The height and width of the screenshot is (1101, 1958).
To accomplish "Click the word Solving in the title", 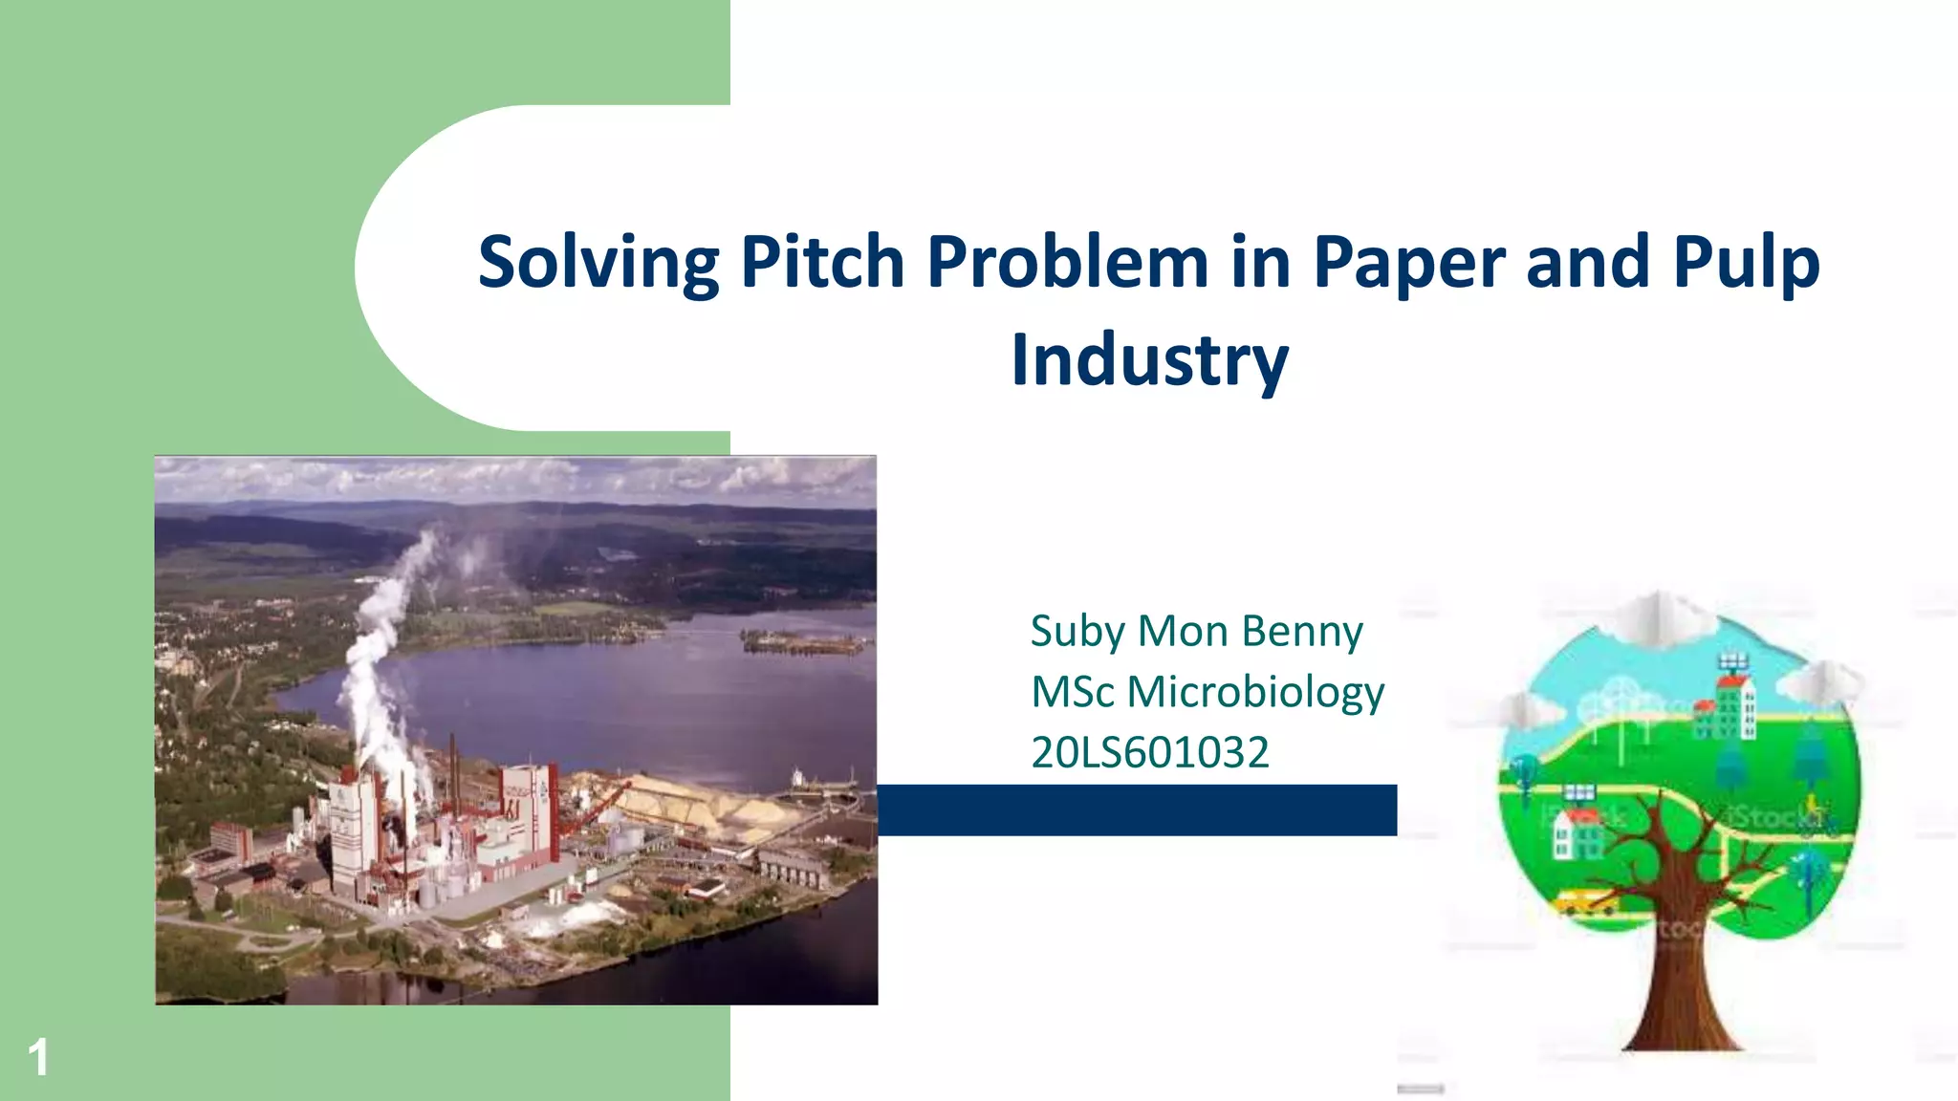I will (598, 262).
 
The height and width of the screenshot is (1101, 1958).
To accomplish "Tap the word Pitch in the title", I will (821, 262).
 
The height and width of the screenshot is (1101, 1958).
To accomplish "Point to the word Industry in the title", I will (1150, 360).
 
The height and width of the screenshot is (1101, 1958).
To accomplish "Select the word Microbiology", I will (1255, 692).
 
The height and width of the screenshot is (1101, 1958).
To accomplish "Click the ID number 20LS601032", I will (1149, 752).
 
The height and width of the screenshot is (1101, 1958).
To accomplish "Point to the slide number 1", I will (38, 1057).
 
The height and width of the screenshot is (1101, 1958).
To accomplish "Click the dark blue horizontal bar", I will (1137, 810).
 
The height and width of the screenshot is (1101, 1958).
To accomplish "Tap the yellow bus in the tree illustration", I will (1585, 901).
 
